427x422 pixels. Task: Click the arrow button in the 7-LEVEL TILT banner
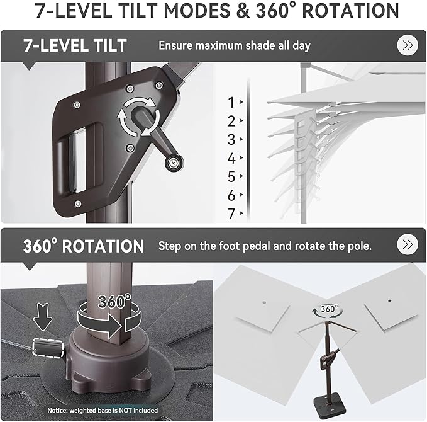pos(408,45)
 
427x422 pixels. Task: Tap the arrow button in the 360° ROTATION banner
pos(408,244)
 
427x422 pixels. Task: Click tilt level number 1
pos(231,103)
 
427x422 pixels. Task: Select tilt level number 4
pos(231,158)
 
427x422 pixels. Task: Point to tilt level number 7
pos(231,214)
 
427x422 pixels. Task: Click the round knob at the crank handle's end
pos(174,163)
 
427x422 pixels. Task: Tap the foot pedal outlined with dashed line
pos(48,348)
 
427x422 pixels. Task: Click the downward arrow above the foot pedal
pos(43,317)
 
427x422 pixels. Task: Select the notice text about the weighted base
pos(103,410)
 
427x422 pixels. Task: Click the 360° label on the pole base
pos(114,301)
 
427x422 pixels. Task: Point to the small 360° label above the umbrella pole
pos(329,309)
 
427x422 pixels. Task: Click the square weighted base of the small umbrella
pos(330,404)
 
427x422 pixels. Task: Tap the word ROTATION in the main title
pos(350,11)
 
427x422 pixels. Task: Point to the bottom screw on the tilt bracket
pos(78,203)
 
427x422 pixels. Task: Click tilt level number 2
pos(231,121)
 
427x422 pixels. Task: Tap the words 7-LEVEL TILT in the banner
pos(75,45)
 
